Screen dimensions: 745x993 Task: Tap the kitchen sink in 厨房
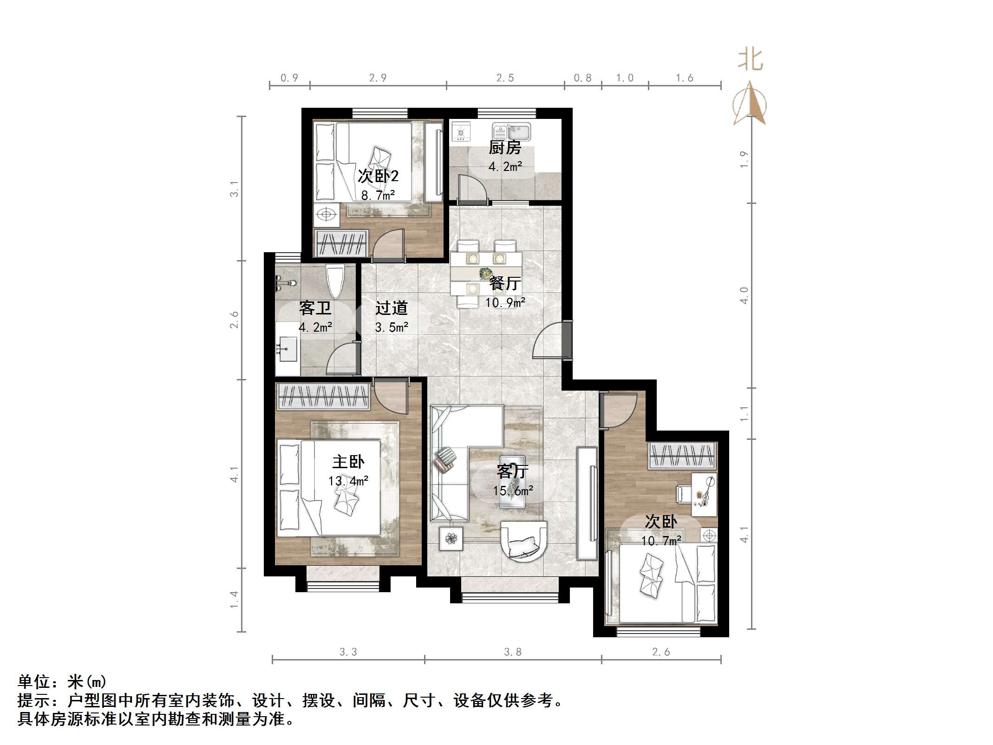point(511,131)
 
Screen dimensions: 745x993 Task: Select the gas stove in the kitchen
point(461,132)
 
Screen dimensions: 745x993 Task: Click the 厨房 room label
point(505,148)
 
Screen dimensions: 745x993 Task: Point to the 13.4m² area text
point(348,481)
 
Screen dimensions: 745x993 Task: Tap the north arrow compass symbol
point(749,104)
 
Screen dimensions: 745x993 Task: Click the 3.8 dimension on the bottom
point(513,652)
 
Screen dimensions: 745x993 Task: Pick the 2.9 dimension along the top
point(378,78)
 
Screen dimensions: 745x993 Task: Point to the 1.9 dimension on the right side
point(744,159)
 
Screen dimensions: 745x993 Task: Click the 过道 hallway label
point(392,308)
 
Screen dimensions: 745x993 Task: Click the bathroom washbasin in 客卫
point(287,349)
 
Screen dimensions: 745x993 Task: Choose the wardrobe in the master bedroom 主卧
point(323,397)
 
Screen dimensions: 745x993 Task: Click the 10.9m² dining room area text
point(505,303)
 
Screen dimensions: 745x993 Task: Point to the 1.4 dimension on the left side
point(234,599)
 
